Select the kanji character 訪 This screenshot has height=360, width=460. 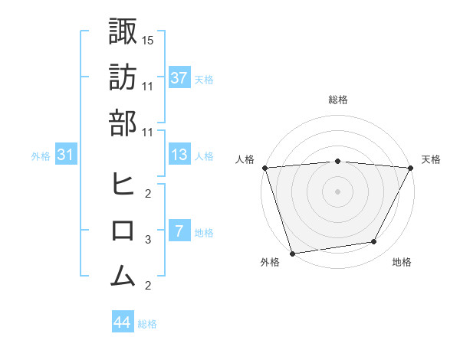coord(123,77)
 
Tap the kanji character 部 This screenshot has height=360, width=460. coord(123,123)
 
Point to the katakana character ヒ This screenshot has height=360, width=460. coord(123,184)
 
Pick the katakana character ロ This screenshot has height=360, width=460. coord(123,231)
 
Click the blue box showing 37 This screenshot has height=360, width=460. coord(179,78)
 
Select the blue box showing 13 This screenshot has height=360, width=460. coord(179,155)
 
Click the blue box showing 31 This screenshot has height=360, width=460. coord(66,155)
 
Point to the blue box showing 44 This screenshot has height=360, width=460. coord(122,322)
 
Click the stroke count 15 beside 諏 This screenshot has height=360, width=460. coord(149,39)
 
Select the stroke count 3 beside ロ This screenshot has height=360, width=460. coord(149,240)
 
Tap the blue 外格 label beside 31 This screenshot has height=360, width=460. coord(41,156)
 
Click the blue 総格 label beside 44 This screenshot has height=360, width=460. coord(147,324)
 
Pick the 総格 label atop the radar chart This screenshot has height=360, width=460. coord(337,100)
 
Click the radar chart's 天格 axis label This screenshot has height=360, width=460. coord(431,159)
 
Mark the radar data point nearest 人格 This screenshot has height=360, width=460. coord(264,167)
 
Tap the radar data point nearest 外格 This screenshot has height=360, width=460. coord(292,253)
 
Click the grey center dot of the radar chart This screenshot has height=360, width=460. coord(337,191)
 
